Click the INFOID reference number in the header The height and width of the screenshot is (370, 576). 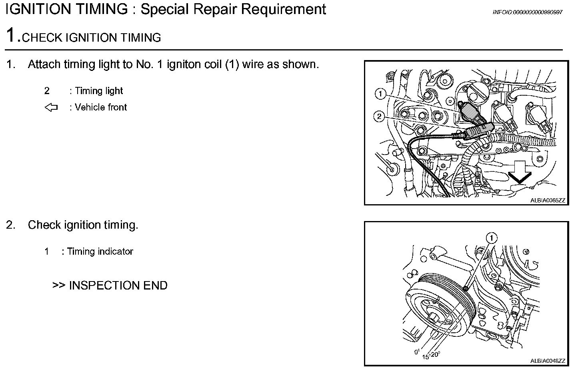click(527, 12)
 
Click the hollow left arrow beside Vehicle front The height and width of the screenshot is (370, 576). click(51, 107)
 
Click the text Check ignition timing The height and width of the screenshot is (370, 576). click(83, 225)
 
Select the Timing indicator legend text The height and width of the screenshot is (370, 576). click(100, 251)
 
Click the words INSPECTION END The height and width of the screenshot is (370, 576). click(118, 286)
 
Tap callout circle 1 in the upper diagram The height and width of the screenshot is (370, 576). click(380, 95)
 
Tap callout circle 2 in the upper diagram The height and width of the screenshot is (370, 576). click(379, 117)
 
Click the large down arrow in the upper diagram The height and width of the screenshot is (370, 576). click(520, 171)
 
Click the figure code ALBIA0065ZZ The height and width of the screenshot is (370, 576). click(548, 201)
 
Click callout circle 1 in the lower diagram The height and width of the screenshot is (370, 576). click(491, 238)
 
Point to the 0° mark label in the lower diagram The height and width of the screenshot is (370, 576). click(416, 352)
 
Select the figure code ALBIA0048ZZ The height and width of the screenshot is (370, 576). click(548, 361)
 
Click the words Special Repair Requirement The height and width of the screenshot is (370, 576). click(233, 9)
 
